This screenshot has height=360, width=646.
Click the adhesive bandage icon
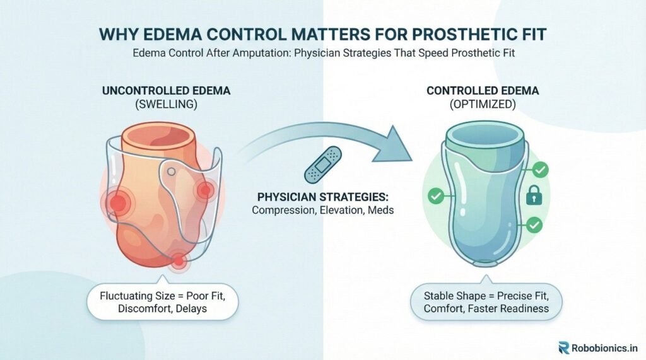tap(323, 165)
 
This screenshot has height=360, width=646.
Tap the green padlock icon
tap(534, 195)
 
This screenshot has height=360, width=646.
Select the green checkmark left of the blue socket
tap(435, 196)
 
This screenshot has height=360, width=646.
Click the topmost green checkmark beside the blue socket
tap(540, 170)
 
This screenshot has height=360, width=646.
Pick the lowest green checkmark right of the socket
tap(534, 225)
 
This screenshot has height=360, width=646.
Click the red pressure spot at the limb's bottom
tap(178, 260)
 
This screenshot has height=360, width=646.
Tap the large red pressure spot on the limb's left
tap(117, 202)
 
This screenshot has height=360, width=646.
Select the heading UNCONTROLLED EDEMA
tap(166, 91)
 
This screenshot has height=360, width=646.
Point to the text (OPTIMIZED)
tap(483, 104)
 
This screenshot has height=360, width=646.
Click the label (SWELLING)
tap(167, 104)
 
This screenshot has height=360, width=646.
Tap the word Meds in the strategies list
tap(380, 210)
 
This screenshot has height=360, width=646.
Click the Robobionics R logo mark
tap(564, 347)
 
